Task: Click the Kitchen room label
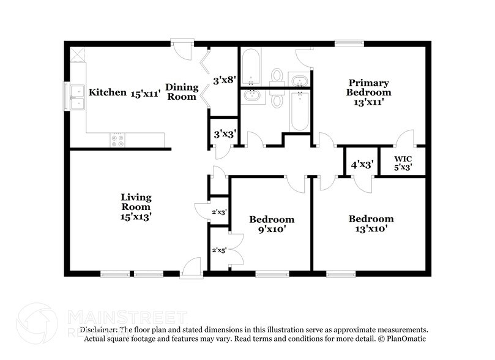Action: (x=107, y=92)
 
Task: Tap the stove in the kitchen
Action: (x=117, y=141)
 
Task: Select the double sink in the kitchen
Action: (x=78, y=97)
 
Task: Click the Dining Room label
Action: (x=182, y=92)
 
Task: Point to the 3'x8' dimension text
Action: (x=223, y=80)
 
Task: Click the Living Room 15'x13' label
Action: (x=135, y=206)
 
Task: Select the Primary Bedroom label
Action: (x=369, y=92)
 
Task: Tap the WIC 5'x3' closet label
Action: (x=402, y=162)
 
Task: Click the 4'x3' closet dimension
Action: (x=361, y=164)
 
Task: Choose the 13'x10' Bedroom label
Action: (x=371, y=223)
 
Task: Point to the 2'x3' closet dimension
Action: (x=219, y=212)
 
